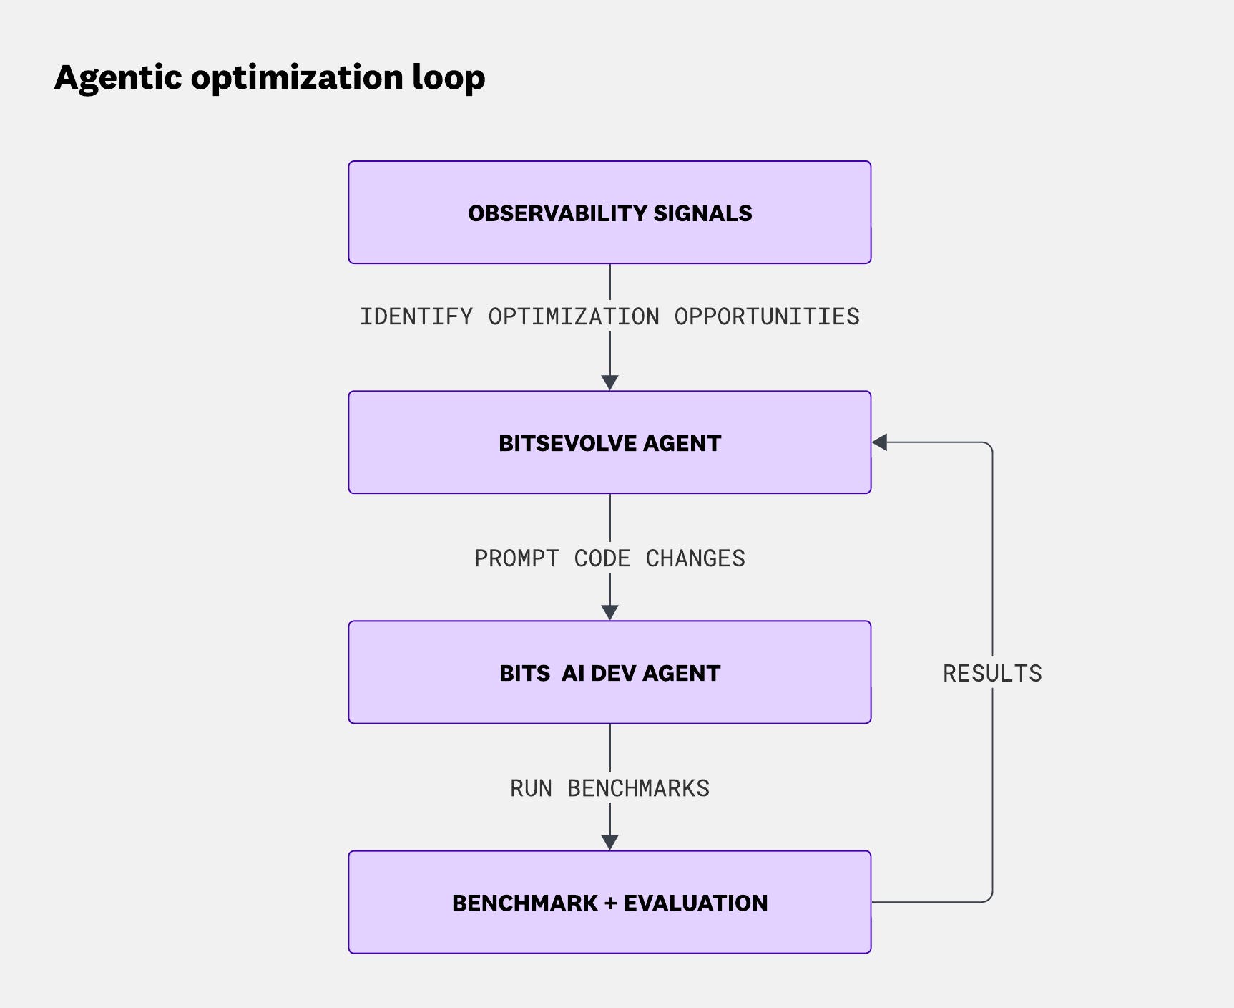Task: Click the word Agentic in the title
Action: click(x=118, y=78)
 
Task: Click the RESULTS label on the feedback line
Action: click(x=992, y=674)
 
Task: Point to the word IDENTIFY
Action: click(x=416, y=316)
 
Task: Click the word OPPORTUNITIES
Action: click(x=766, y=316)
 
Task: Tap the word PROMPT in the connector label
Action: click(x=516, y=558)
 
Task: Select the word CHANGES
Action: click(x=695, y=558)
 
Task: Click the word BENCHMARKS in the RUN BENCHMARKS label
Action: click(x=638, y=788)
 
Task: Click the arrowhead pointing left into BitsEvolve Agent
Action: click(x=880, y=442)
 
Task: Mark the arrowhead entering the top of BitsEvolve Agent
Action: click(x=609, y=382)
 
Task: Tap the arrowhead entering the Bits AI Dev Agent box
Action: click(x=609, y=612)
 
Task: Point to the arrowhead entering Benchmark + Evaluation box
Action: click(x=609, y=842)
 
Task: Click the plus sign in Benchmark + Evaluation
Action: click(x=610, y=903)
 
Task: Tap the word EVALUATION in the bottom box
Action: click(x=695, y=903)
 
